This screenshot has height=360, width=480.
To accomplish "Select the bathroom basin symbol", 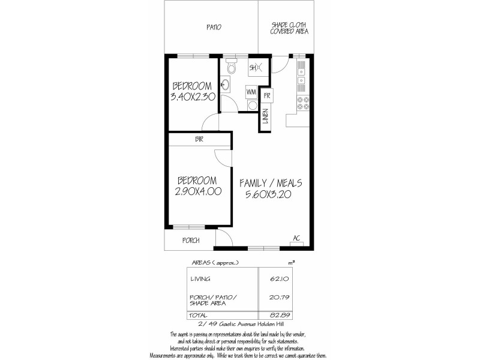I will [x=225, y=85].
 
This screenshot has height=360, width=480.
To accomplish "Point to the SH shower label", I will [x=254, y=67].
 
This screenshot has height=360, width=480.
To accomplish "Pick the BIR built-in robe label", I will [x=199, y=140].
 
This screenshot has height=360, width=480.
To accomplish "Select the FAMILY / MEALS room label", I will [x=270, y=183].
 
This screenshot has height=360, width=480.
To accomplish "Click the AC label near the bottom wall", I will [x=296, y=238].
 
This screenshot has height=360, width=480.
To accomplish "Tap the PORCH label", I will [x=191, y=241].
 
